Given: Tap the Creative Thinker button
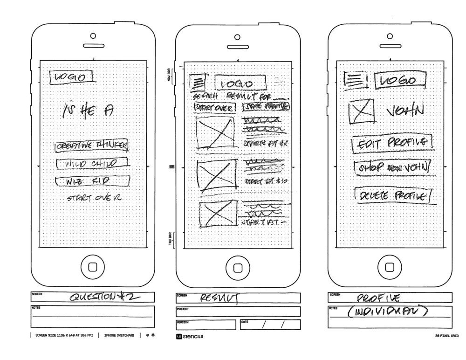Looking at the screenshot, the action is point(91,146).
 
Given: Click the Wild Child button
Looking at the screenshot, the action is point(92,164).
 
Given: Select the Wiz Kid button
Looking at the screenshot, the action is point(92,180).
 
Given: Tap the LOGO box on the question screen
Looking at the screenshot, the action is point(72,77).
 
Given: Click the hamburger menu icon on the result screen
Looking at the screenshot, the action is point(198,83).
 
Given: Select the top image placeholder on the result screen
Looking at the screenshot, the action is point(215,132).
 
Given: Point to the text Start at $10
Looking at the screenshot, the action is point(264,181).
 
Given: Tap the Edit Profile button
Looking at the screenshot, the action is point(391,142).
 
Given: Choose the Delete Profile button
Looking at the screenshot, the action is point(392,196).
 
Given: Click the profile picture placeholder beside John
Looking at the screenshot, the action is point(362,111).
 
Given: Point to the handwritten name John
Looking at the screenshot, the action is point(405,111).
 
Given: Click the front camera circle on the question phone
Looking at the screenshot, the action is point(93,36).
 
